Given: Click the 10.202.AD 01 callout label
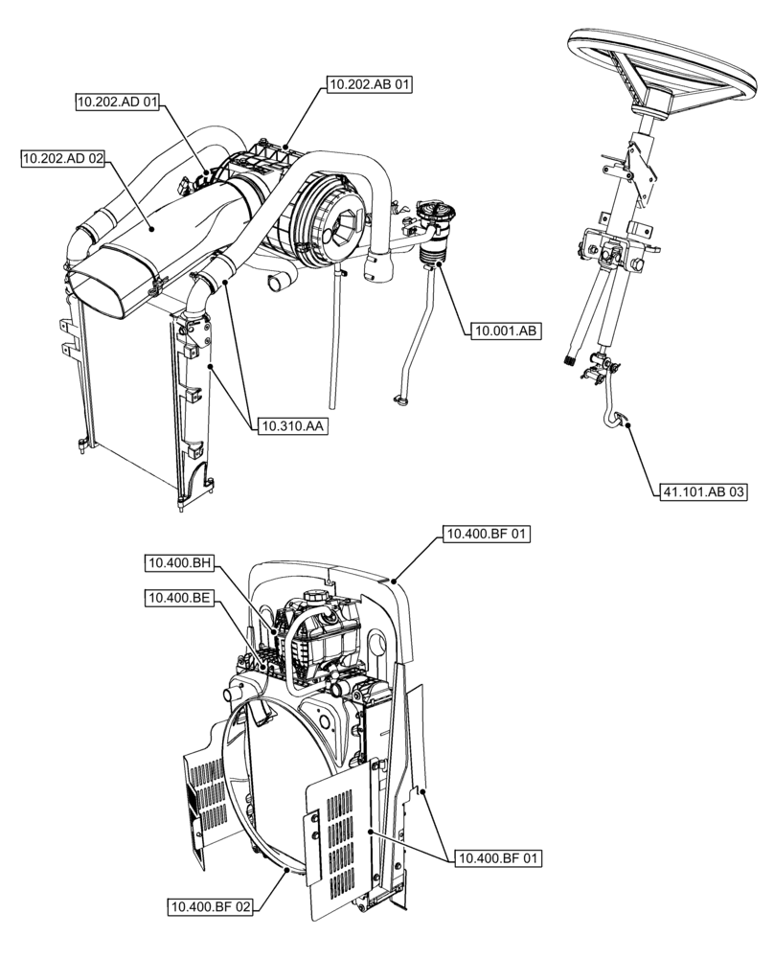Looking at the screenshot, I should pyautogui.click(x=118, y=103).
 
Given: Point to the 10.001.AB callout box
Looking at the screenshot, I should pyautogui.click(x=505, y=331).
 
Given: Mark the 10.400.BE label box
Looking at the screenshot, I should pyautogui.click(x=178, y=598).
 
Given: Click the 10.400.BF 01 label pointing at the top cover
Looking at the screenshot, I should pyautogui.click(x=487, y=534).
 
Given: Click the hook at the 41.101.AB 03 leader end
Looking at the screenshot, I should pyautogui.click(x=621, y=417).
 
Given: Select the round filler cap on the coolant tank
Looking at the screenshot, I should pyautogui.click(x=312, y=596).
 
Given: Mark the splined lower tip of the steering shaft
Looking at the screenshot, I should pyautogui.click(x=572, y=362).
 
